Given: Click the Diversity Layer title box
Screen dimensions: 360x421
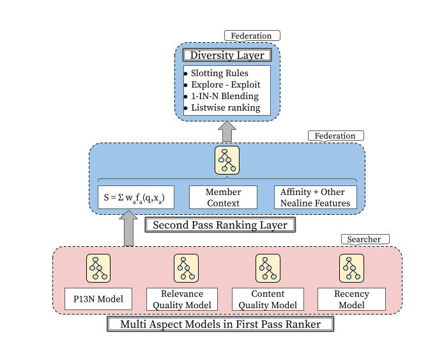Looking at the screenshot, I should [227, 55].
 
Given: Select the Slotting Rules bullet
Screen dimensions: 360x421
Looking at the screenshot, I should [220, 74].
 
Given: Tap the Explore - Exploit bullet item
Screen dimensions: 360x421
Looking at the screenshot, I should [225, 85].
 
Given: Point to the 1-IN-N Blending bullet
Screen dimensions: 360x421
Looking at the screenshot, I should [225, 97].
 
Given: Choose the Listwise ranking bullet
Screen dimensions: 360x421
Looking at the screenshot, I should [226, 108].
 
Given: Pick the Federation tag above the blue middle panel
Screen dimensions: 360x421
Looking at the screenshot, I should [335, 136].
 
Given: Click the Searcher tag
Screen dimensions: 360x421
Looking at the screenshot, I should [364, 239].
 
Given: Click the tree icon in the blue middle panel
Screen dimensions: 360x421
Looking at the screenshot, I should [226, 160].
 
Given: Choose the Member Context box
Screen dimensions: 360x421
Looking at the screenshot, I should [223, 197].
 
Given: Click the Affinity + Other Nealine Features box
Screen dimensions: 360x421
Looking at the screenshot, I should [315, 197].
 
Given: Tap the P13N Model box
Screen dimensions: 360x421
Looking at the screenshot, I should [98, 299].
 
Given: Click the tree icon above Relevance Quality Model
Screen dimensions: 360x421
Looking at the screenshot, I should [186, 268].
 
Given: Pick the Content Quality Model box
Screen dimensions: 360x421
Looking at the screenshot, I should [267, 299].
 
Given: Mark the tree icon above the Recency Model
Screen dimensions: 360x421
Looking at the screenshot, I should [351, 268].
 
